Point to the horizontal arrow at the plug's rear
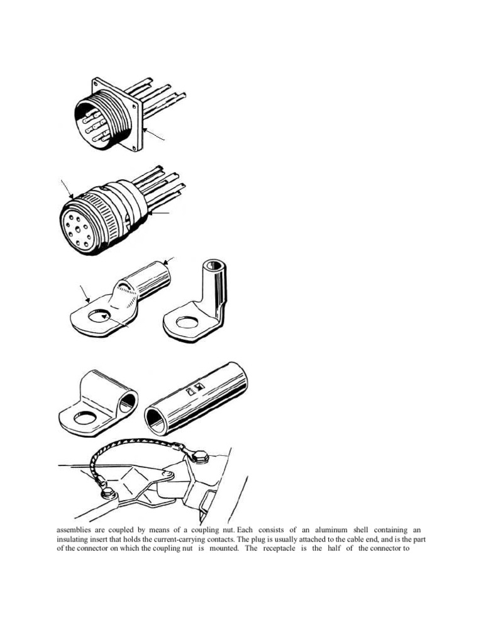(x=161, y=214)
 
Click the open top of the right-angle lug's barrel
(x=216, y=264)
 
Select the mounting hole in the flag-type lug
(x=84, y=418)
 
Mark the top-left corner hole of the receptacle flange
(x=95, y=81)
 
